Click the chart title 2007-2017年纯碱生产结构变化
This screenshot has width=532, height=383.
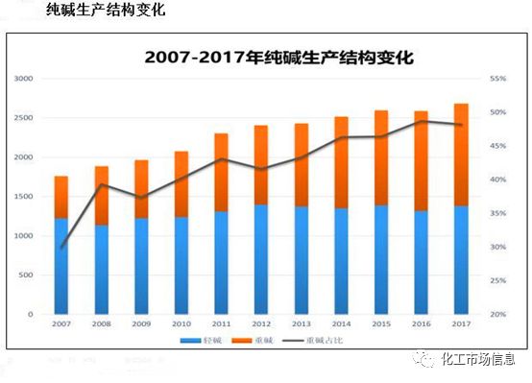pyautogui.click(x=278, y=57)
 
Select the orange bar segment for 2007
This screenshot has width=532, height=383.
pyautogui.click(x=60, y=197)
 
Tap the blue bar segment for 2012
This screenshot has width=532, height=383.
pyautogui.click(x=260, y=259)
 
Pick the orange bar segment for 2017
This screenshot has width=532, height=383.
pyautogui.click(x=461, y=155)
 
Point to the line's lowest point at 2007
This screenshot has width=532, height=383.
pyautogui.click(x=60, y=248)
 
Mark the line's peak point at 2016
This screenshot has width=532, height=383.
pyautogui.click(x=421, y=122)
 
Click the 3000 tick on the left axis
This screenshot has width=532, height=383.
pyautogui.click(x=23, y=79)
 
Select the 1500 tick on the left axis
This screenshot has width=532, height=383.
pyautogui.click(x=23, y=197)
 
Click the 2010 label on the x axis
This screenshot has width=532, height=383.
pyautogui.click(x=181, y=324)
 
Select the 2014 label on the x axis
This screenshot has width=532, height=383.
pyautogui.click(x=341, y=324)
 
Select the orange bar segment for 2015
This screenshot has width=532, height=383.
pyautogui.click(x=380, y=157)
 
